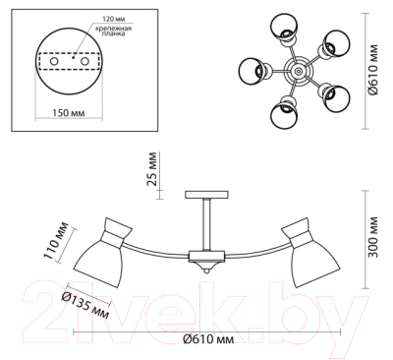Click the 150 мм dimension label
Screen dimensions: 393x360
click(x=69, y=113)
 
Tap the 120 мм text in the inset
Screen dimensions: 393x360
click(x=114, y=19)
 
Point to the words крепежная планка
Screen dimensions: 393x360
click(x=113, y=30)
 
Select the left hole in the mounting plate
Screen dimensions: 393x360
click(x=54, y=61)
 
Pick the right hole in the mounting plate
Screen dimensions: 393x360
click(x=85, y=61)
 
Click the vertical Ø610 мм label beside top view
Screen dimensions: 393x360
click(x=373, y=70)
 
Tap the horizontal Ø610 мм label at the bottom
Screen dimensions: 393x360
click(x=208, y=339)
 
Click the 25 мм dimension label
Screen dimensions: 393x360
click(x=152, y=168)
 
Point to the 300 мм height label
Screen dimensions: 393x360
click(x=372, y=237)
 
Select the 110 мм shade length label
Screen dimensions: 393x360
click(x=56, y=241)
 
